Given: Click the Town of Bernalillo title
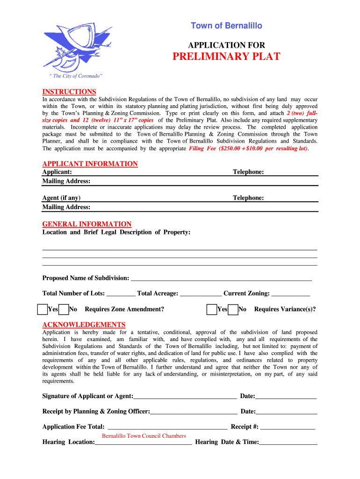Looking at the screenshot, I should tap(226, 26).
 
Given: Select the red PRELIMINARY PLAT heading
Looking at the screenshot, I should tap(226, 57).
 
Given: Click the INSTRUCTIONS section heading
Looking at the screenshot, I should tap(69, 92).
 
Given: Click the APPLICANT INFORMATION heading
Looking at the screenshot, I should tap(90, 164).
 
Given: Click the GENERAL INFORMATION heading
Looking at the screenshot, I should tap(87, 224).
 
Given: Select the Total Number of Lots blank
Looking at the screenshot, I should tap(121, 294).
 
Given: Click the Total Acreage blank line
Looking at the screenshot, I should tap(201, 294).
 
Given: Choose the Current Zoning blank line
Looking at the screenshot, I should tap(290, 294).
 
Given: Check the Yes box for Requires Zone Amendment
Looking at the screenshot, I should tap(42, 309).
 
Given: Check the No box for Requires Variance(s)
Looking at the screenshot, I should tap(233, 309).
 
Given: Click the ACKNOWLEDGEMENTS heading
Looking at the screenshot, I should tap(84, 325).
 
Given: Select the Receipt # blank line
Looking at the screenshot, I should tap(288, 427).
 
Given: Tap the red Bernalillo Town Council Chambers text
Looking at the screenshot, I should tap(144, 436).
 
